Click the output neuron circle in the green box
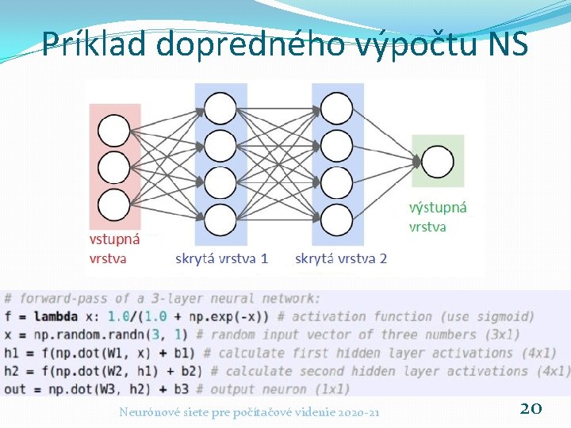tap(438, 162)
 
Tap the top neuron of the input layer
tap(114, 132)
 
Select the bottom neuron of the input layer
tap(114, 204)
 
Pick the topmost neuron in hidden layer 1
tap(220, 108)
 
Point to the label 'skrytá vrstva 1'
tap(221, 258)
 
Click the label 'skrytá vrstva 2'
tap(341, 258)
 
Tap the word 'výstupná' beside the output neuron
tap(438, 208)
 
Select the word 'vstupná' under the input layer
tap(114, 239)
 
